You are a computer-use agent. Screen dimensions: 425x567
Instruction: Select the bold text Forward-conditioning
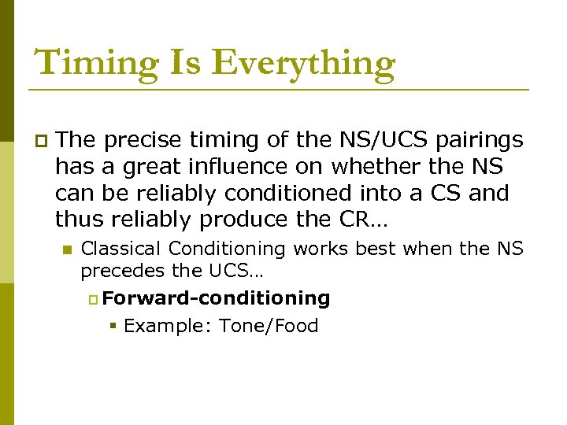(x=216, y=298)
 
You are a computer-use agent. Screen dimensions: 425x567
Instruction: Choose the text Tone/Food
(x=269, y=326)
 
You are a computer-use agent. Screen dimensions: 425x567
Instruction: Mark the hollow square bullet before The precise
(x=40, y=141)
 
